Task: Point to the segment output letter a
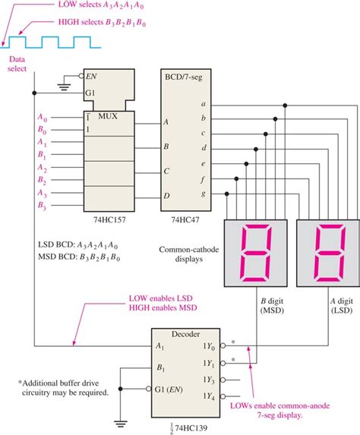tap(203, 103)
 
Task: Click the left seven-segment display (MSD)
tap(254, 253)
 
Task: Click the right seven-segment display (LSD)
tap(324, 253)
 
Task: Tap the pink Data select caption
tap(17, 64)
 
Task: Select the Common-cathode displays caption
tap(187, 255)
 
